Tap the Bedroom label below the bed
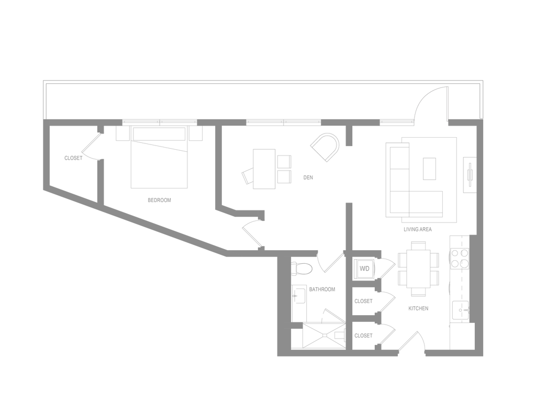[159, 200]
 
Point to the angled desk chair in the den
[246, 175]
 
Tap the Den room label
[308, 178]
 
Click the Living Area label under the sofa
[418, 229]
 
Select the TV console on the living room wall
[470, 174]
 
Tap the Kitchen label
[418, 309]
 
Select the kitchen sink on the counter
[461, 309]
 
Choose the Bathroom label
[322, 289]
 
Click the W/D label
[365, 269]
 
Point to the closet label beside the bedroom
[72, 158]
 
